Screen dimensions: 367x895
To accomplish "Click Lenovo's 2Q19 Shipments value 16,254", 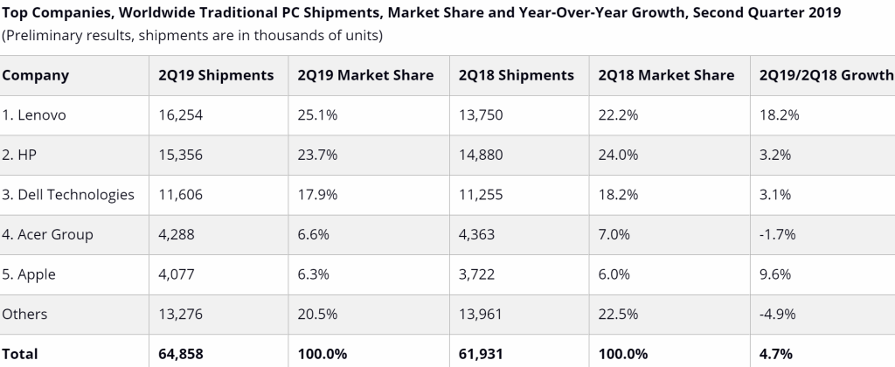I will pos(180,115).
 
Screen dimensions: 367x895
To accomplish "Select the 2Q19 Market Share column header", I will pos(365,75).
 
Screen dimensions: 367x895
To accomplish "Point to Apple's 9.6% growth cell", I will pos(775,274).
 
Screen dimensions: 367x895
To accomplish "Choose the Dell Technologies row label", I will pos(68,195).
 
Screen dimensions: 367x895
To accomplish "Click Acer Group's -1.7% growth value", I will pos(778,234).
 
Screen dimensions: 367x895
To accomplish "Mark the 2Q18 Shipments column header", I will pos(516,75).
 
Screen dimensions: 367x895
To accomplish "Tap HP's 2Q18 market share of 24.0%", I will pos(619,155).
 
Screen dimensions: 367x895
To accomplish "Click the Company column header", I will pos(36,75).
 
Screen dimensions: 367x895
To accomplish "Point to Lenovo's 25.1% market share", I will pos(316,115).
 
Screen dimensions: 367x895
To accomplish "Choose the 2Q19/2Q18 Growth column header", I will pos(826,75).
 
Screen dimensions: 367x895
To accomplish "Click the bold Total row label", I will pos(20,354).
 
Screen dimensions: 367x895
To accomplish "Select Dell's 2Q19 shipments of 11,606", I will pos(180,195).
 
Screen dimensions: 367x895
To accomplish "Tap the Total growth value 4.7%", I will pos(776,354).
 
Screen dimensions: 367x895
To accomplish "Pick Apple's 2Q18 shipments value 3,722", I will pos(476,274).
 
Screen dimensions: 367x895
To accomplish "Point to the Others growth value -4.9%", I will pos(778,315).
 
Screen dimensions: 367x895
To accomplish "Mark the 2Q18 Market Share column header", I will pos(666,75).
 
